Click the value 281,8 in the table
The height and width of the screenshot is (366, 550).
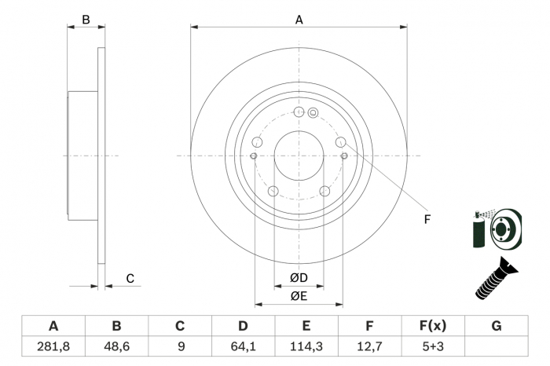(53, 346)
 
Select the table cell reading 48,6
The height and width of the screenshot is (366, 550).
(116, 346)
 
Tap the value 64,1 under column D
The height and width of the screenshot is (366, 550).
(243, 346)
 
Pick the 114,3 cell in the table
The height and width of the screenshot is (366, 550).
(306, 346)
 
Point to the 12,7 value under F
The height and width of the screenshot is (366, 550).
(369, 346)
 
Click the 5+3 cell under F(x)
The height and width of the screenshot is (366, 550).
(433, 346)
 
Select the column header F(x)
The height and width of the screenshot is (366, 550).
(433, 326)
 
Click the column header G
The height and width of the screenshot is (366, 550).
(497, 326)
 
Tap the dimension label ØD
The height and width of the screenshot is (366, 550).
(299, 278)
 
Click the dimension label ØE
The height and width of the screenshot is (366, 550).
(299, 296)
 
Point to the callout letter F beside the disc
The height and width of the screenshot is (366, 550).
(427, 219)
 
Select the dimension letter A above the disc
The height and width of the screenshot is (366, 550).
(299, 20)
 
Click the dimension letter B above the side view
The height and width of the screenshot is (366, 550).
(86, 20)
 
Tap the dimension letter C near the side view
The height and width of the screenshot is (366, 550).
(130, 279)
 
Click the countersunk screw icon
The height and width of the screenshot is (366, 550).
(497, 278)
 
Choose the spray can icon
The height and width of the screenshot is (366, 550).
(478, 229)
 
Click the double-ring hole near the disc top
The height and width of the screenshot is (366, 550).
(313, 113)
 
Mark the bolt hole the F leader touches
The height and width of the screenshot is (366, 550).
(340, 142)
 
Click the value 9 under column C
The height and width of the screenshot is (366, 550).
(181, 346)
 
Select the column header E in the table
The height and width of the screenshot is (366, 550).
(306, 326)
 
